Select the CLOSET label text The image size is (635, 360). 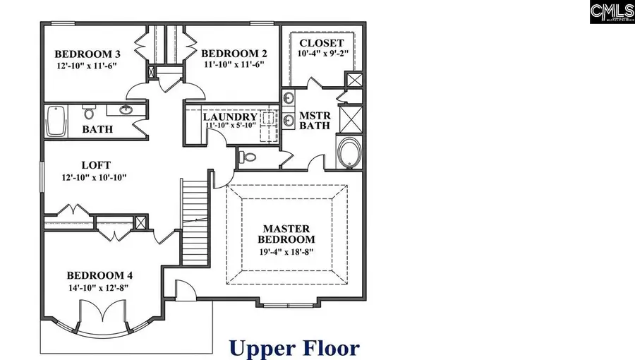coord(321,43)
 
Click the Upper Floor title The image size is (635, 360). coord(294,347)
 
